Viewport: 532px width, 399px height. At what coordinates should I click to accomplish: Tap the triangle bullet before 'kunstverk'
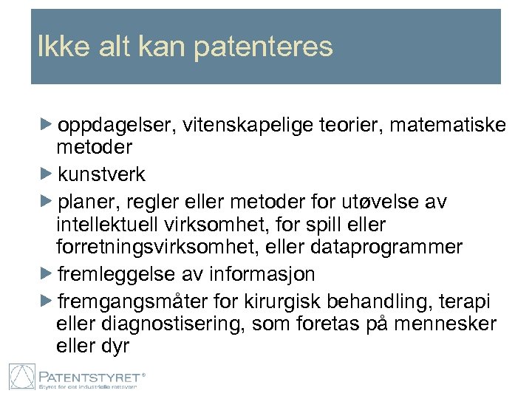tap(47, 174)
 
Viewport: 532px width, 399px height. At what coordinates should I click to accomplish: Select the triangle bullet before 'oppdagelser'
tap(47, 125)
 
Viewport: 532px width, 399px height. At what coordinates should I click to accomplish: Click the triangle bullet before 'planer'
tap(47, 201)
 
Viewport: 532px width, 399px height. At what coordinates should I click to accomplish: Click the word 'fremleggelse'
tap(117, 274)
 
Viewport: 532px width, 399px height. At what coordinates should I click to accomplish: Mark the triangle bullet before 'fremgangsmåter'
tap(47, 301)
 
